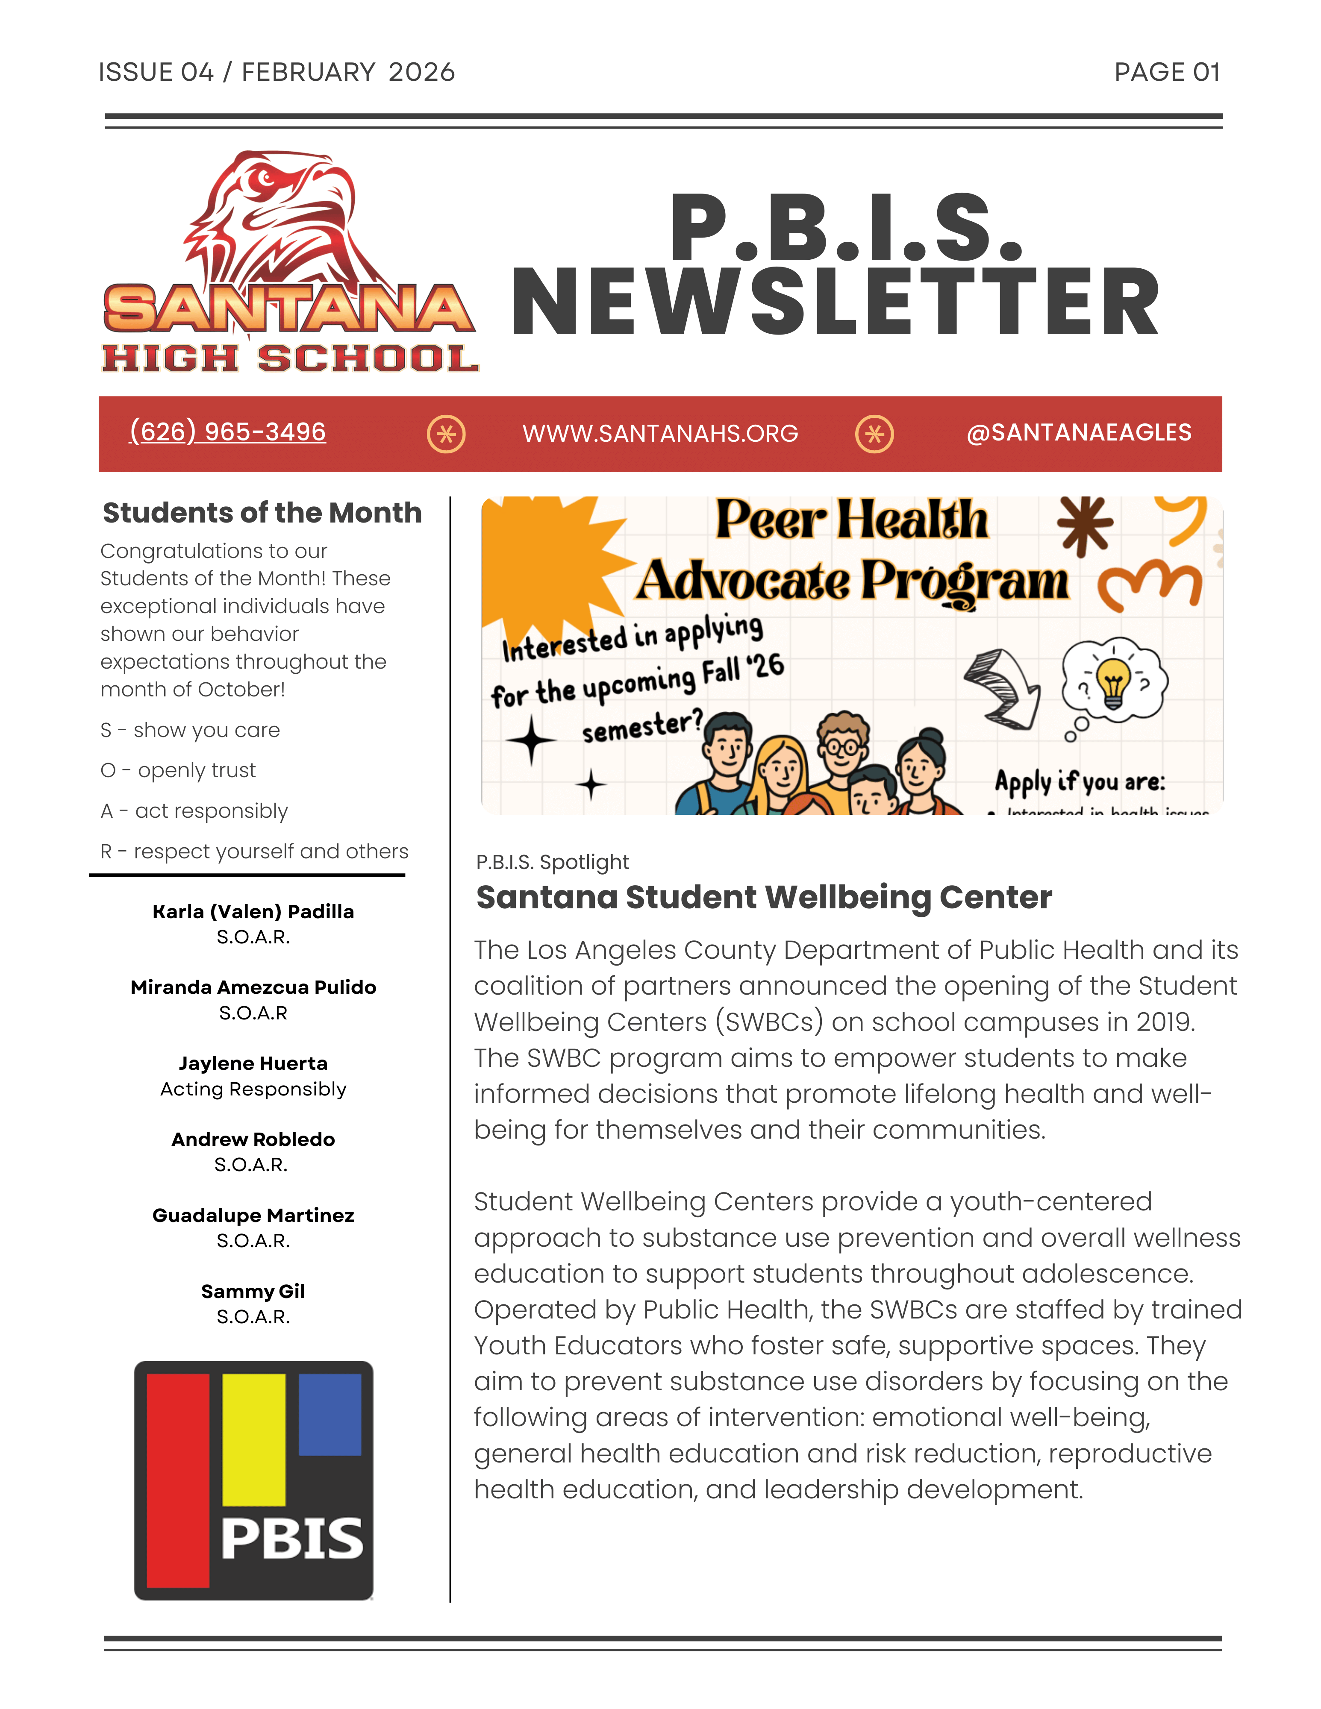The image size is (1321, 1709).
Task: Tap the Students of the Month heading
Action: point(262,513)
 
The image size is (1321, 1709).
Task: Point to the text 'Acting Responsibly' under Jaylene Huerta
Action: point(253,1089)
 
